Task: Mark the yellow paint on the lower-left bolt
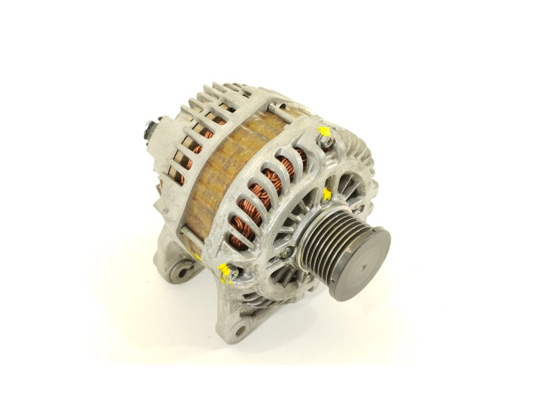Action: coord(224,269)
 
